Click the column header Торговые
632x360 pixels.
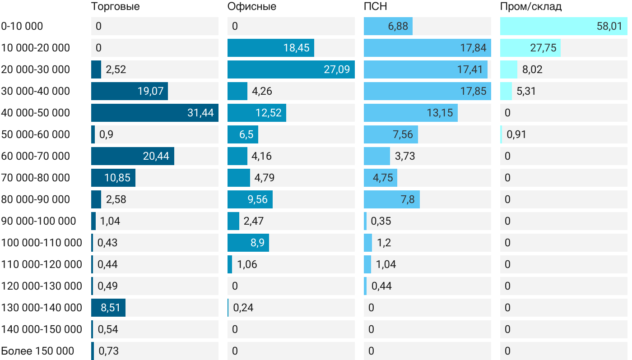click(x=115, y=7)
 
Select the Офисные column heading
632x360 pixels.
click(x=251, y=7)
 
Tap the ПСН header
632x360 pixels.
click(x=375, y=7)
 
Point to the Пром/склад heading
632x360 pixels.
click(x=530, y=7)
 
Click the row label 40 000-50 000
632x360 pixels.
click(x=36, y=113)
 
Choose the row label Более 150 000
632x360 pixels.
click(x=37, y=351)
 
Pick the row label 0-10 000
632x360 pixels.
click(x=22, y=26)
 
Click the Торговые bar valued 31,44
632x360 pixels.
click(x=154, y=113)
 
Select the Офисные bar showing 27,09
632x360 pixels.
click(x=291, y=69)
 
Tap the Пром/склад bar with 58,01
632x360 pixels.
click(x=563, y=26)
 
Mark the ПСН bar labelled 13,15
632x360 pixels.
click(x=410, y=113)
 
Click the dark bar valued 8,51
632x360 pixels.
click(x=108, y=308)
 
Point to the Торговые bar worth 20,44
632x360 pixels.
click(x=132, y=156)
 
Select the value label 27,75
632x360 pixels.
click(x=543, y=48)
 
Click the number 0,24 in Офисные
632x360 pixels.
click(x=243, y=308)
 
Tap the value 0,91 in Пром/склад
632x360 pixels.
click(x=516, y=134)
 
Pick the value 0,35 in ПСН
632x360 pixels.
click(x=381, y=221)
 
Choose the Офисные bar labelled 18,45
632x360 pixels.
click(x=270, y=48)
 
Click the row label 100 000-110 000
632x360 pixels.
click(x=42, y=243)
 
